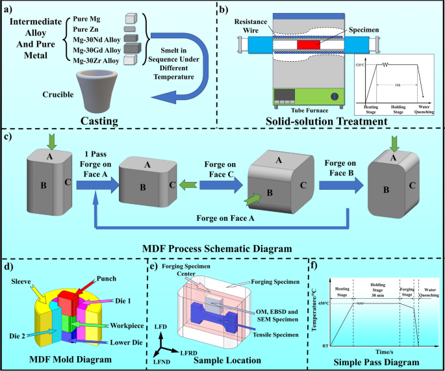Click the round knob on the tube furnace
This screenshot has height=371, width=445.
point(335,96)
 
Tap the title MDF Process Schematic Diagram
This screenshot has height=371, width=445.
point(222,248)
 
